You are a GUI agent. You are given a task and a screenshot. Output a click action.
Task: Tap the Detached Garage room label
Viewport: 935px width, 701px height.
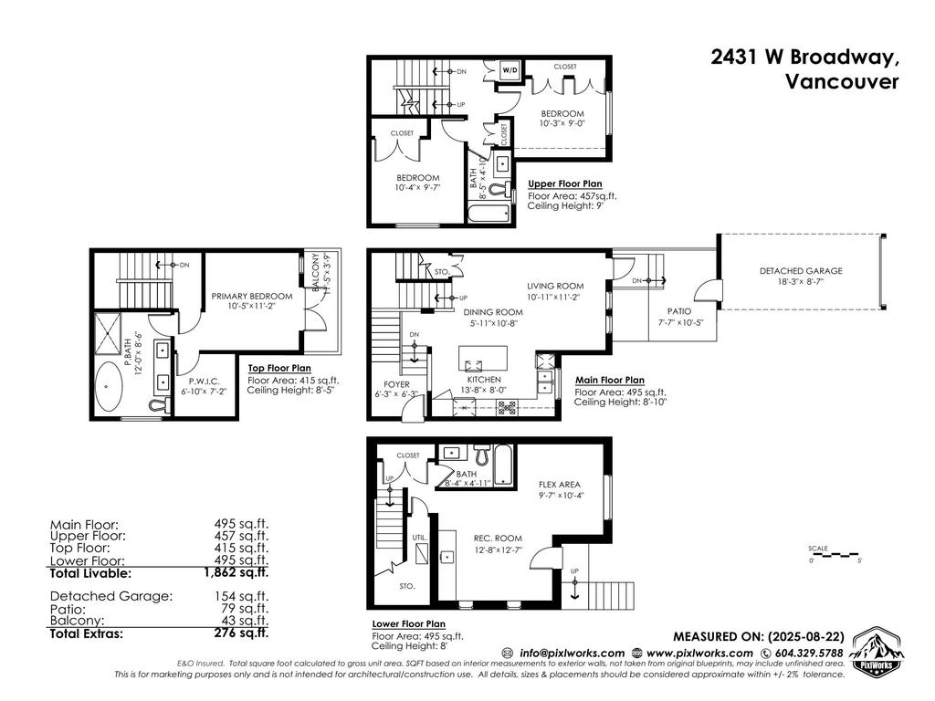(x=800, y=271)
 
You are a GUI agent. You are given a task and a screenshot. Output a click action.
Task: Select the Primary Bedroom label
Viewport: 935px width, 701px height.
(x=252, y=296)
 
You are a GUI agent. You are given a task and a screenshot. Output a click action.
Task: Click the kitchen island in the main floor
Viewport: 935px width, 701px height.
(x=486, y=354)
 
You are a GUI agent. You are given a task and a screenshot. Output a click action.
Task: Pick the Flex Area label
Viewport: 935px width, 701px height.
(x=560, y=484)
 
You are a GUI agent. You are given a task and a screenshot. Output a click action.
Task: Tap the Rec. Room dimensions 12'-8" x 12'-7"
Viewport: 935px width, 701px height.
(x=496, y=549)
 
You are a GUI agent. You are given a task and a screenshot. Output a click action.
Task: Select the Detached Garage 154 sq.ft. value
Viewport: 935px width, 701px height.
(x=241, y=596)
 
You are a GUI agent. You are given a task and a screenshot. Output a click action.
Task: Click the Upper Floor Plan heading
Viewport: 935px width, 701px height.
(x=564, y=183)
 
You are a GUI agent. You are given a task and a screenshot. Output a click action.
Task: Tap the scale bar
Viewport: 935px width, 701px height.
(x=835, y=554)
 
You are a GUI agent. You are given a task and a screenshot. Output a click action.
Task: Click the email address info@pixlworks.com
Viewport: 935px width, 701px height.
(x=573, y=653)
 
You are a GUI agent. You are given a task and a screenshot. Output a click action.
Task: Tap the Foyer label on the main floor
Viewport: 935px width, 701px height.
(x=395, y=384)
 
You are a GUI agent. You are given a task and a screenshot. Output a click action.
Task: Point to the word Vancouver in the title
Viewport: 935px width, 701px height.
(x=842, y=81)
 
